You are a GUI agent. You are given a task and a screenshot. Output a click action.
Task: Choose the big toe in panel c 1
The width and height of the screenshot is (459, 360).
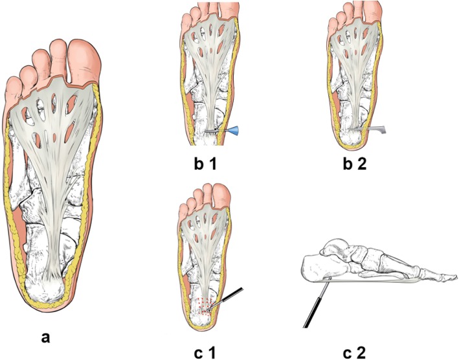pos(222,194)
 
